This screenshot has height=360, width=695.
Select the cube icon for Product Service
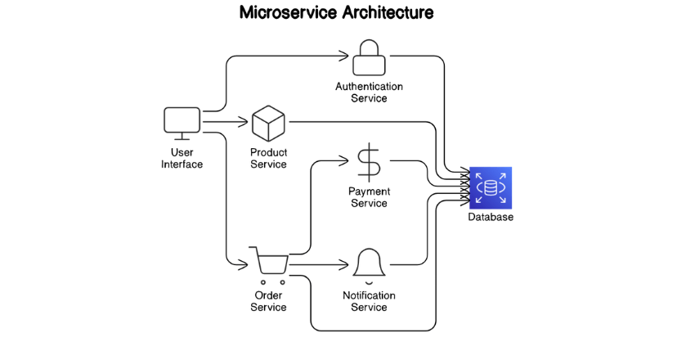[267, 124]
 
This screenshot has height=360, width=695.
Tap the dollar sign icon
[369, 161]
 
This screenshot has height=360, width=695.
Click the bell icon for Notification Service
[369, 263]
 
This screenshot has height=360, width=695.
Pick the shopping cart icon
[271, 263]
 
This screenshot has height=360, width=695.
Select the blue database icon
[491, 187]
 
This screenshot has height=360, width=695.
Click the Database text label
[491, 218]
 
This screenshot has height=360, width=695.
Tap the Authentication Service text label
[369, 92]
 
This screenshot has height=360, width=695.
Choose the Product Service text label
[268, 159]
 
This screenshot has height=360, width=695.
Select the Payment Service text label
[369, 197]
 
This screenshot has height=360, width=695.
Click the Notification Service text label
[369, 301]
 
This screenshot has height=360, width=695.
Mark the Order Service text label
[268, 301]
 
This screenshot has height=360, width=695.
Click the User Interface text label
[182, 158]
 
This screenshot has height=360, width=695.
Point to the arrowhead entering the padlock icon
[345, 57]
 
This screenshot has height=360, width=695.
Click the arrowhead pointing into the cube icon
[244, 124]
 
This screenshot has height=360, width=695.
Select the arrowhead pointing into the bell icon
[345, 265]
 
